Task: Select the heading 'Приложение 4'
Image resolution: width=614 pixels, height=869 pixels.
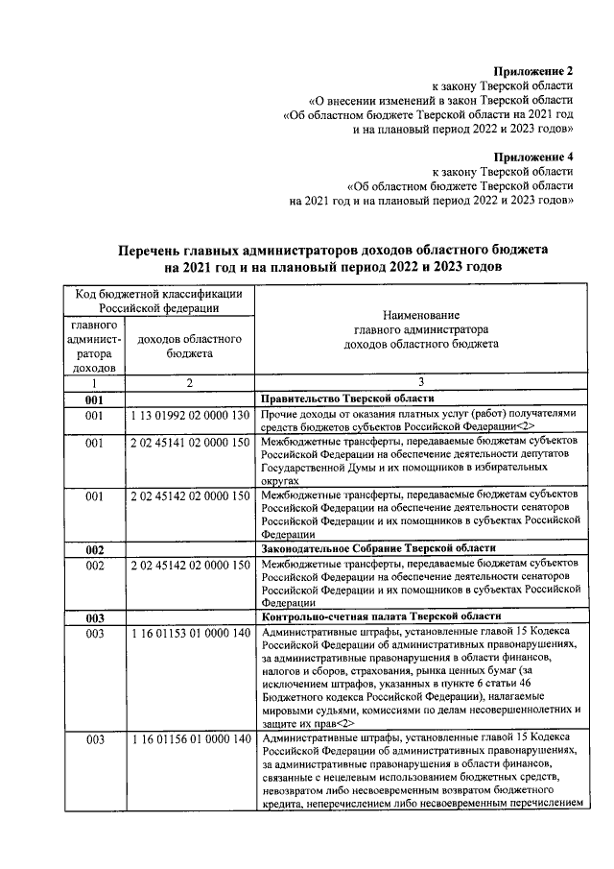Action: click(x=533, y=157)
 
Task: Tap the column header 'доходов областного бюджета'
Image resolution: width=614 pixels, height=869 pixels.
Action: click(x=189, y=346)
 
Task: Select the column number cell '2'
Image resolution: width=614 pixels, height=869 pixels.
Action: click(x=190, y=383)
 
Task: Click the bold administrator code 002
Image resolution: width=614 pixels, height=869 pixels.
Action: click(x=94, y=550)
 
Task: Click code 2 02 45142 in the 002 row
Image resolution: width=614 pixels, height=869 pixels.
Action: click(x=189, y=566)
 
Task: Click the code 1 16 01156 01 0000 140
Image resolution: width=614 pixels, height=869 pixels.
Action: click(x=189, y=739)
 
